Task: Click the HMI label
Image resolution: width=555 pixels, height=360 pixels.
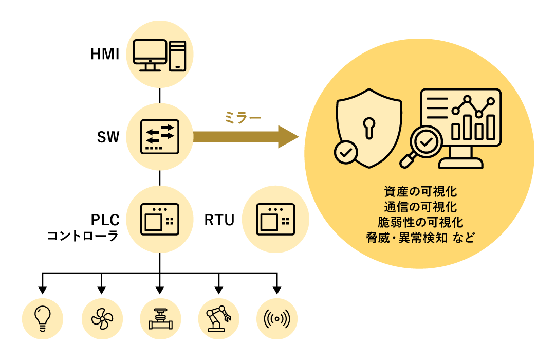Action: coord(105,54)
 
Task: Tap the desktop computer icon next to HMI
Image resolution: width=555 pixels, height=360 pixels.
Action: coord(159,55)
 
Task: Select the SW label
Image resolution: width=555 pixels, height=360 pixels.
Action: coord(108,137)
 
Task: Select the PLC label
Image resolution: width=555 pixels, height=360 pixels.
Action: coord(105,220)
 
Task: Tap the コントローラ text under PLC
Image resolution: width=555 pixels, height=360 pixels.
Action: coord(83,236)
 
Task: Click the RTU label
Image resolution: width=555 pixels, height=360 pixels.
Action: coord(219,220)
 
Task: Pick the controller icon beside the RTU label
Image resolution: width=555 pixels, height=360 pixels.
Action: coord(275,220)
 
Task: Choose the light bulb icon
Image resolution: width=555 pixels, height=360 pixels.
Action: coord(43,318)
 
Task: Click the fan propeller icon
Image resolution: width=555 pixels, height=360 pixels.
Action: coord(102,318)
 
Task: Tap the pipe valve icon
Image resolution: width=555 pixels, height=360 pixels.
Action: coord(160,318)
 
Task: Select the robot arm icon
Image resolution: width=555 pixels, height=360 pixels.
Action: coord(218,318)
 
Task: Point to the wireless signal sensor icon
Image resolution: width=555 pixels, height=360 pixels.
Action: coord(277,318)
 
